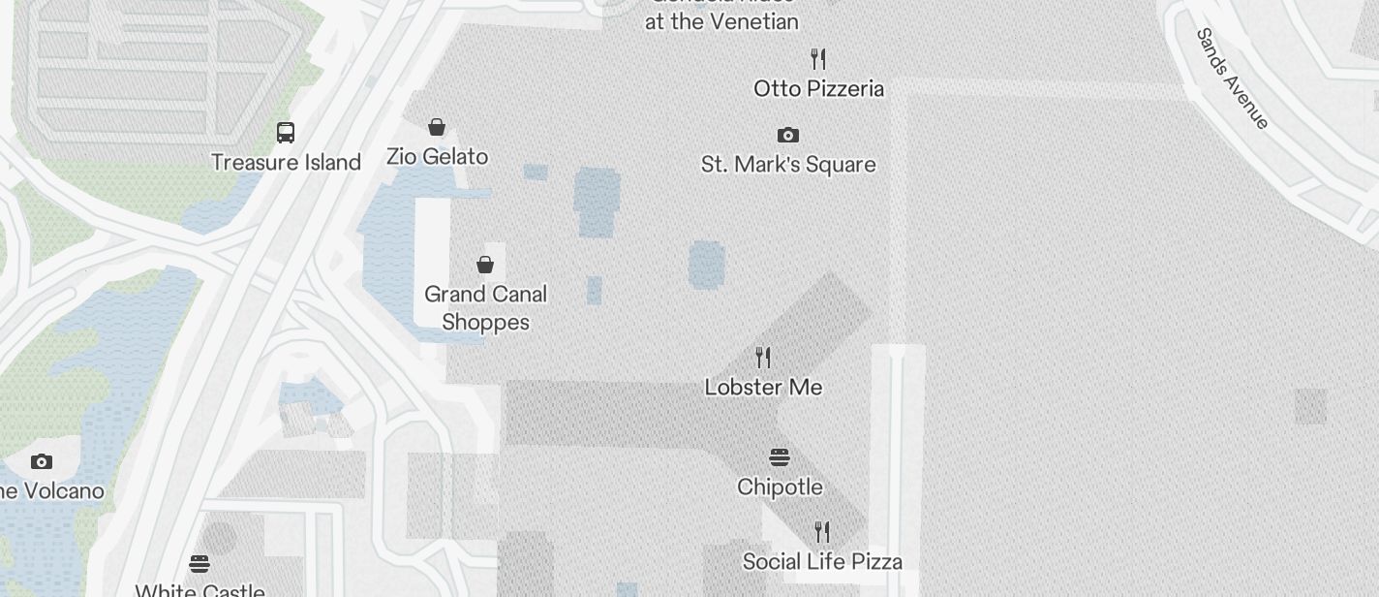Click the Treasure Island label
286,162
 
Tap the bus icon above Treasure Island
286,132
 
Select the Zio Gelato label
437,156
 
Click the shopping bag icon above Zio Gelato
437,127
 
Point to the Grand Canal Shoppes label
485,307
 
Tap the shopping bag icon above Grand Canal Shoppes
485,264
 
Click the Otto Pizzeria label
818,88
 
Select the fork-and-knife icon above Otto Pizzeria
818,59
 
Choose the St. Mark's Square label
788,165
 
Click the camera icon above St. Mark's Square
788,135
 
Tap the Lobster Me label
763,387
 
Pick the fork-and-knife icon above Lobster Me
763,358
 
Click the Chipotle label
780,487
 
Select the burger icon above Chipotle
780,456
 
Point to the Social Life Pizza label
822,561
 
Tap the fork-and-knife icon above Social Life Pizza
822,531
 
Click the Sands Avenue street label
1232,79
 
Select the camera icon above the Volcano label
41,461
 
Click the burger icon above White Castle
199,563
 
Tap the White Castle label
199,590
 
